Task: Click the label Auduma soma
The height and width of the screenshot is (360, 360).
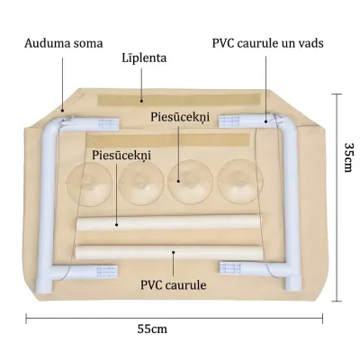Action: (64, 43)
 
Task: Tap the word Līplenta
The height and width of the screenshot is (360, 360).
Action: (144, 58)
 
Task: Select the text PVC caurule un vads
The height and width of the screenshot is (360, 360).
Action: (268, 43)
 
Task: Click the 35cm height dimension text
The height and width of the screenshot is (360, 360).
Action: (348, 157)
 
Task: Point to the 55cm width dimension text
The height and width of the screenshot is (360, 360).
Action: (152, 329)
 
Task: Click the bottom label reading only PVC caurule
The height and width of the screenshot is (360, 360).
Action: (174, 284)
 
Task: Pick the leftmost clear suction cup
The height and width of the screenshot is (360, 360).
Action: (89, 184)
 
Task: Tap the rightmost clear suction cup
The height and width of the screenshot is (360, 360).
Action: (240, 182)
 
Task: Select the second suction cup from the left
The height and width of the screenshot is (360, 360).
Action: (140, 183)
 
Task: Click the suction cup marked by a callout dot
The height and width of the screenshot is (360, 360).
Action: (190, 182)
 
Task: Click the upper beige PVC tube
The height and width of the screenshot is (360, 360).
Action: (168, 222)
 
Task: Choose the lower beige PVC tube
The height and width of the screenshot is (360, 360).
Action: (168, 253)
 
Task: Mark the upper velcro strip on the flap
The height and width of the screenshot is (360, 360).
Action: (179, 100)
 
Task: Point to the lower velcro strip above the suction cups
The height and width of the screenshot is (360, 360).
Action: (168, 140)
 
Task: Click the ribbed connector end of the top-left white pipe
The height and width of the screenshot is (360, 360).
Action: (109, 123)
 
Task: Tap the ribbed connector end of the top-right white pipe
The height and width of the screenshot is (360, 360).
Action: (229, 121)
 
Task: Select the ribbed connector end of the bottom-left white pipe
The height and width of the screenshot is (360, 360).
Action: (106, 271)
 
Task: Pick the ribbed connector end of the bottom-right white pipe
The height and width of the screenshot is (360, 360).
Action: (230, 267)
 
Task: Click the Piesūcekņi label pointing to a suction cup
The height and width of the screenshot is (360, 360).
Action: (180, 117)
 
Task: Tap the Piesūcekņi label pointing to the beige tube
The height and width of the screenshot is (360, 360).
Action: (121, 156)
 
